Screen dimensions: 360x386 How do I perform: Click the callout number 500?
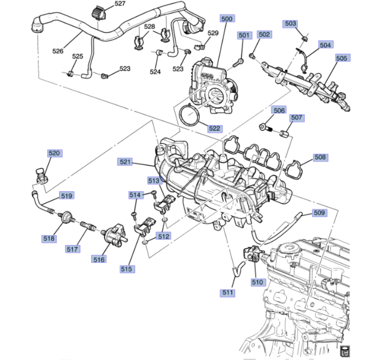pos(227,19)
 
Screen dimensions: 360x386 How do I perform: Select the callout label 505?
pos(341,58)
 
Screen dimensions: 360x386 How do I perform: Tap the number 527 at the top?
pos(120,4)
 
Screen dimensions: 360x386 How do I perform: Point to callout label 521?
pos(125,162)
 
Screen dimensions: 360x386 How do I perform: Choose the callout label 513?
pos(154,180)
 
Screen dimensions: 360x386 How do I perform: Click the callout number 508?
pos(320,157)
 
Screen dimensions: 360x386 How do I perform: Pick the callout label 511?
pos(229,292)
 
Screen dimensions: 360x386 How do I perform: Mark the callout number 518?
pos(49,239)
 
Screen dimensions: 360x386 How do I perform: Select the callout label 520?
pos(54,153)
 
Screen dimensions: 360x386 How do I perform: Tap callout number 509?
pos(319,213)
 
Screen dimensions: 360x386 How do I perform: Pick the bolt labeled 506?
pos(265,127)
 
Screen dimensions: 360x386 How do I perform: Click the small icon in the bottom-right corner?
pos(346,352)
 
